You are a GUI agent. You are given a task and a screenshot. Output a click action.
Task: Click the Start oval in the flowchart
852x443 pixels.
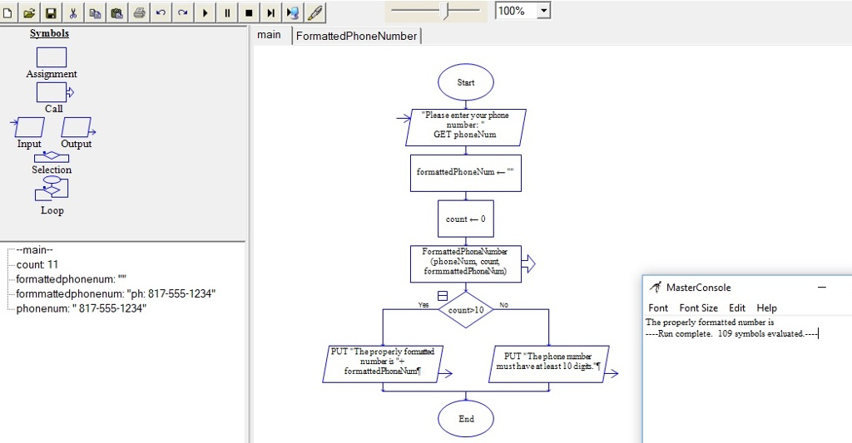point(466,82)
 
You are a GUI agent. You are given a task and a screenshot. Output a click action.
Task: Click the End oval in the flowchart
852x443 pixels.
point(466,418)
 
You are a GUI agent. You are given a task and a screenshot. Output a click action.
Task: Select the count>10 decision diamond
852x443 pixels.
point(466,310)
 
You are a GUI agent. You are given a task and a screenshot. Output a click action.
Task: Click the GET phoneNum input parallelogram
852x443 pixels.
point(466,127)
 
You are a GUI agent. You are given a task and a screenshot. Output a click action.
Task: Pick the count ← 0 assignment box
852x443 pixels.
point(466,219)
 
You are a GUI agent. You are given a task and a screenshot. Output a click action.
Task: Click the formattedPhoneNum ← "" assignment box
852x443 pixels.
point(466,172)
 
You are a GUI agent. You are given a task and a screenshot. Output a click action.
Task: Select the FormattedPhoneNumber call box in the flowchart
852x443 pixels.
point(466,263)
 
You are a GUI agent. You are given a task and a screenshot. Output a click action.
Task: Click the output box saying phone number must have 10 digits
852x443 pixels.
point(549,363)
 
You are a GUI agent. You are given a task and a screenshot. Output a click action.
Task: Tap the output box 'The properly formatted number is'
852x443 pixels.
point(383,363)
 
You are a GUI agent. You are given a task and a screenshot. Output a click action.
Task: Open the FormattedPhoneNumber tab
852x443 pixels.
point(356,36)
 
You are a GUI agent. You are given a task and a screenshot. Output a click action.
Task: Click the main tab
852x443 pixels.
point(269,35)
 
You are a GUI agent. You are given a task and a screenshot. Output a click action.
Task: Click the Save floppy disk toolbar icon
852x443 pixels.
point(51,12)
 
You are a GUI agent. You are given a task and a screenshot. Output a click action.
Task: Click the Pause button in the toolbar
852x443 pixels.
point(227,12)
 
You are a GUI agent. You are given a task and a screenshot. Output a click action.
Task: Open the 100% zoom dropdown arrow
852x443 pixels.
point(543,11)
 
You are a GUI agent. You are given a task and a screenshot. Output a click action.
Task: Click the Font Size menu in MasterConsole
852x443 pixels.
point(698,308)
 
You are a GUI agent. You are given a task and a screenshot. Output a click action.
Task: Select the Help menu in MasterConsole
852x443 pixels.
point(766,308)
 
